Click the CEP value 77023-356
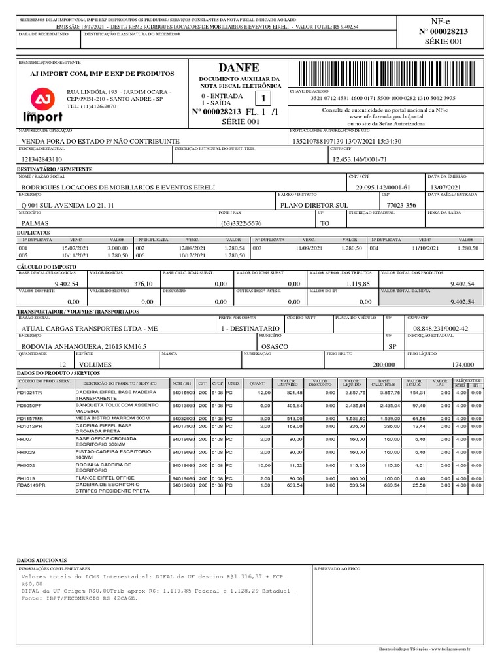click(401, 205)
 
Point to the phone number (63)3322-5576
click(241, 223)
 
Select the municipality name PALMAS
click(36, 223)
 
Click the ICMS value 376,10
click(142, 284)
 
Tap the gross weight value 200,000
click(384, 365)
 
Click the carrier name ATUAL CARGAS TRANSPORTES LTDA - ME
click(90, 328)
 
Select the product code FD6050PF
click(29, 406)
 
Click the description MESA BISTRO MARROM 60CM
click(112, 418)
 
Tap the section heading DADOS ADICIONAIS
click(41, 561)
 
